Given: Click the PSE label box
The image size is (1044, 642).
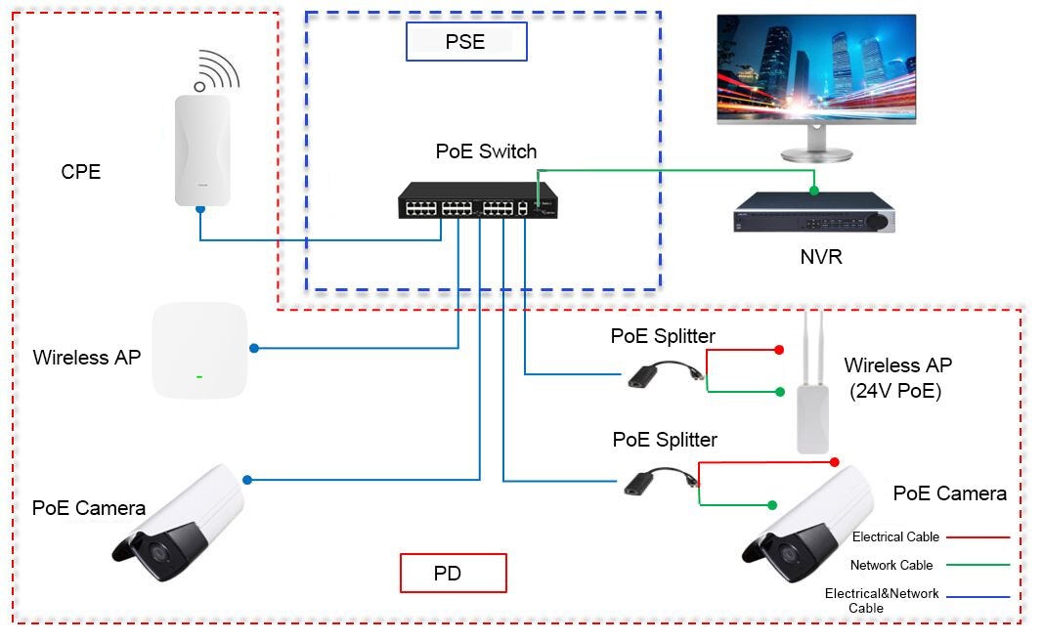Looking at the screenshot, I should pos(466,42).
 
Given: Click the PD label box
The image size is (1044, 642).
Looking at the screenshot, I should pos(454,573).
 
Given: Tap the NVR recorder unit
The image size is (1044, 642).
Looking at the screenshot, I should pos(813,217).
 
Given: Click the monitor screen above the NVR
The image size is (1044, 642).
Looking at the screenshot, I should pos(816,68).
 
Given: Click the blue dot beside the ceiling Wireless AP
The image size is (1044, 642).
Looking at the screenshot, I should pos(254,348).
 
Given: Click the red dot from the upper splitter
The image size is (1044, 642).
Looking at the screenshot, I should pos(779,350).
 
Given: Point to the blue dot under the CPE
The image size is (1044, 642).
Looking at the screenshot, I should pos(199,208).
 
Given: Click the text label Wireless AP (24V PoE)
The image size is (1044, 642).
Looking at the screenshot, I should pos(896,377).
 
